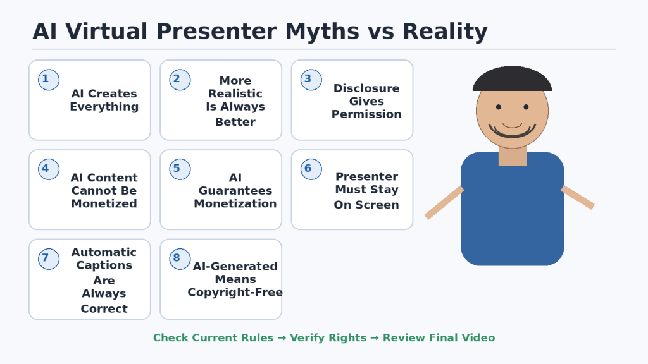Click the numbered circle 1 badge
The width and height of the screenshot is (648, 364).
tap(49, 80)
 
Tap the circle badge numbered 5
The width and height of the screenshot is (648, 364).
tap(180, 169)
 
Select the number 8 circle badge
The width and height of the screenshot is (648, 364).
tap(180, 258)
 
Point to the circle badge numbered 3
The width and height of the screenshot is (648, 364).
tap(311, 80)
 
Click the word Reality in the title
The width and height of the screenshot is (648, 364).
tap(445, 32)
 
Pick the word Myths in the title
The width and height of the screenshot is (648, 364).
tap(322, 32)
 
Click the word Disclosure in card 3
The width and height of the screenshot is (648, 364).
tap(366, 88)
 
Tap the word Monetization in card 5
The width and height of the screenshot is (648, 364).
tap(235, 203)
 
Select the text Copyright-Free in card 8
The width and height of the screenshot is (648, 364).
tap(235, 293)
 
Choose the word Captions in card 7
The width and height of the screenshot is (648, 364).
tap(104, 265)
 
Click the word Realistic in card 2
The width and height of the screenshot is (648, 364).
tap(235, 94)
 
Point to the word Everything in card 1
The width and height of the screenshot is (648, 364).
tap(104, 107)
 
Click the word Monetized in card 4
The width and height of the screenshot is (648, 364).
tap(104, 203)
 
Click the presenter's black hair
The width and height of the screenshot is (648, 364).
tap(512, 78)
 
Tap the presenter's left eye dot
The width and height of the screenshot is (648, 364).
tap(499, 107)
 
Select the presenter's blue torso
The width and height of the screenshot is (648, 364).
tap(513, 209)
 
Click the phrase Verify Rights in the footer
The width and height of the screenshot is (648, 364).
tap(328, 338)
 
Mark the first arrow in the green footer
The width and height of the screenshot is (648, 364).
tap(282, 338)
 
